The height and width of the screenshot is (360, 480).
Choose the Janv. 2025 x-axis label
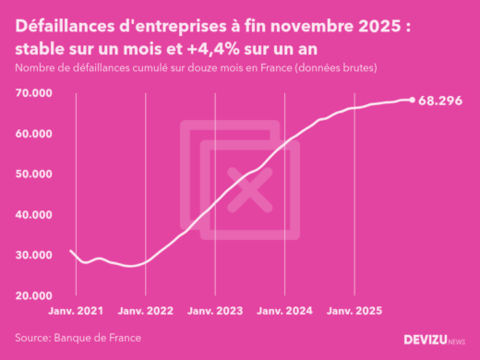tap(354, 312)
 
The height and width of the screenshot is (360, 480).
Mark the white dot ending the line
tap(412, 100)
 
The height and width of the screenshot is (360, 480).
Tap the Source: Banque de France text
tap(78, 338)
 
